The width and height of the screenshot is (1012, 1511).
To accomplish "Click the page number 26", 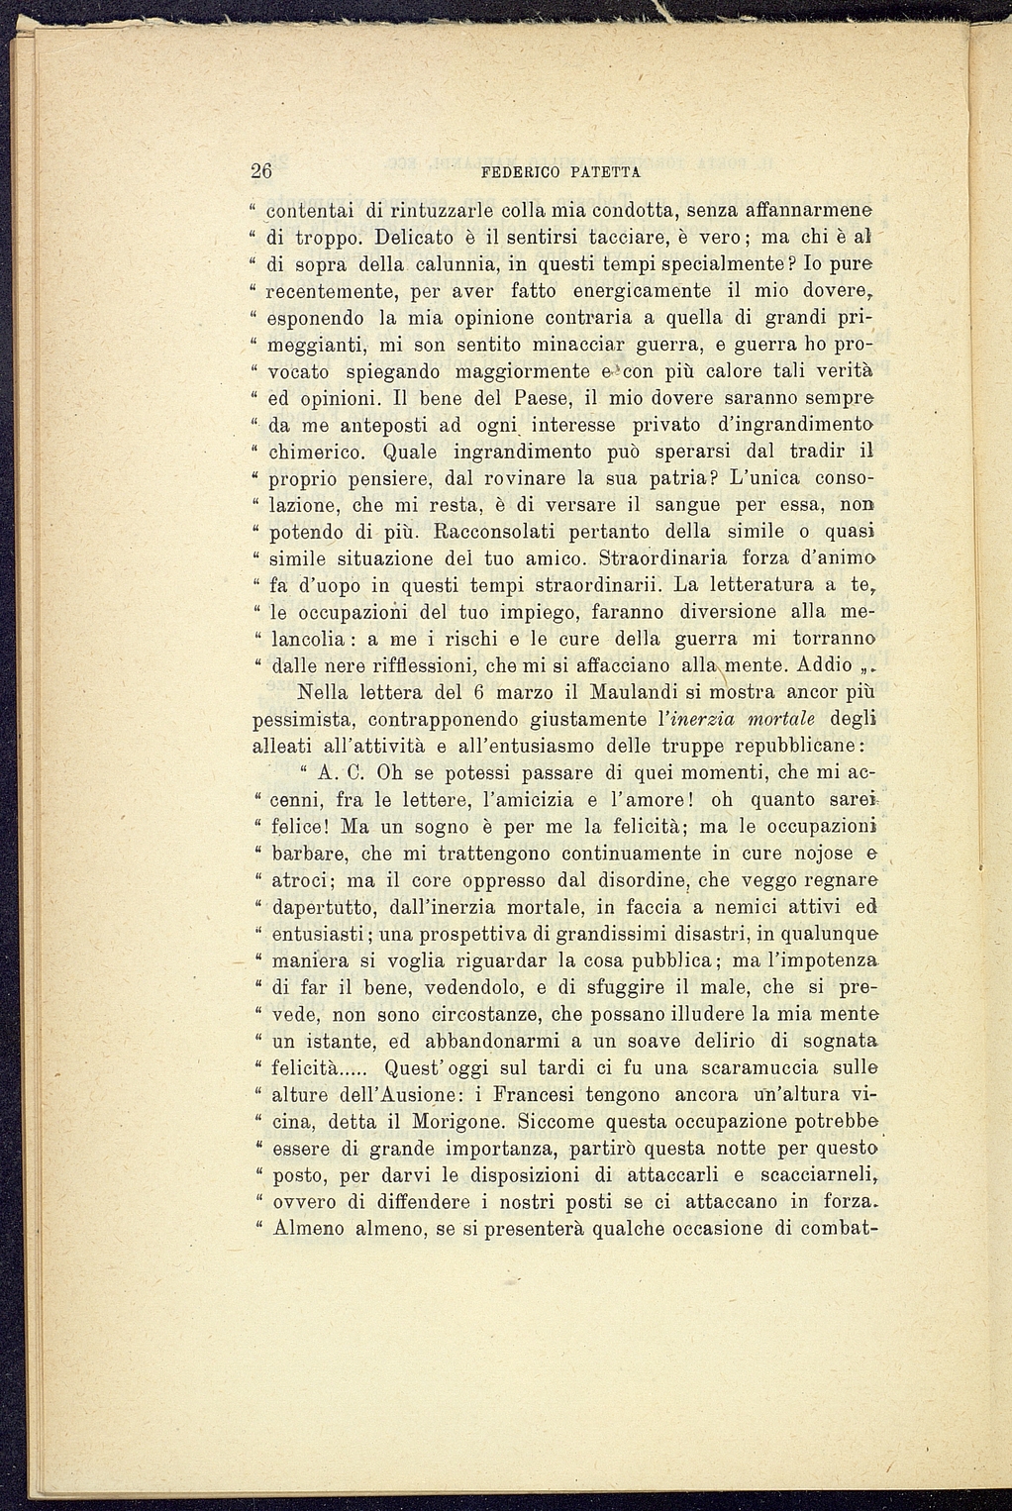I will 261,170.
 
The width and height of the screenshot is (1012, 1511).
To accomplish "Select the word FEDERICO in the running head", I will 521,172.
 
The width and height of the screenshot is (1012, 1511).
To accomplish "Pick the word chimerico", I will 310,453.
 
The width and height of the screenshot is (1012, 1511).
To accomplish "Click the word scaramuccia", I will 750,1068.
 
